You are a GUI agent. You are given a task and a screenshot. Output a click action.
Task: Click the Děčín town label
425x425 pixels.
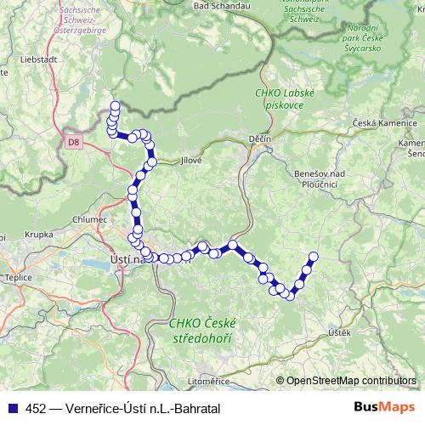click(260, 138)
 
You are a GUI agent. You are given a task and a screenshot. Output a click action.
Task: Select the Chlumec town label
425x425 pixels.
click(90, 218)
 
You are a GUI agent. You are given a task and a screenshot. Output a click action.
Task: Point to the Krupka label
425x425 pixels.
click(38, 232)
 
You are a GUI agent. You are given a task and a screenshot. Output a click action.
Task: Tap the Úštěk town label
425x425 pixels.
click(338, 332)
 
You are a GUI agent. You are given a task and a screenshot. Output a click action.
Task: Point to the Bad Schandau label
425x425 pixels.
click(223, 5)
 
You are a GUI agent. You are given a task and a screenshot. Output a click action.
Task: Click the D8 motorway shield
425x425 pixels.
click(74, 144)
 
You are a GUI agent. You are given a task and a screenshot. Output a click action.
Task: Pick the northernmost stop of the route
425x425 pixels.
click(115, 106)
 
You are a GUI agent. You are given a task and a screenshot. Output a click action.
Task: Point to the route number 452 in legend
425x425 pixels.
click(36, 409)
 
